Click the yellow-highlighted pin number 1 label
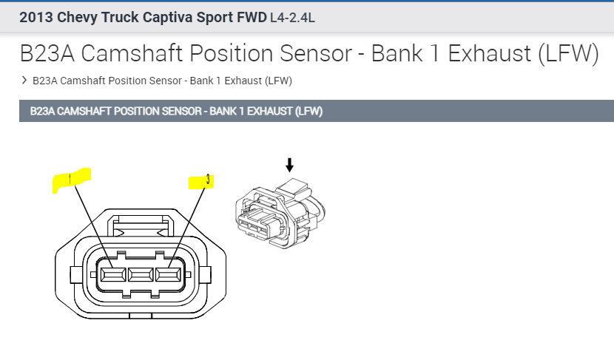[70, 180]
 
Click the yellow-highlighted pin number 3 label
[202, 180]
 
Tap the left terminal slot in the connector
[113, 275]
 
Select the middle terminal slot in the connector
[141, 275]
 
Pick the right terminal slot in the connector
[168, 275]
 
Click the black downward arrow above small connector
[289, 164]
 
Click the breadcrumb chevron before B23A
[24, 81]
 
